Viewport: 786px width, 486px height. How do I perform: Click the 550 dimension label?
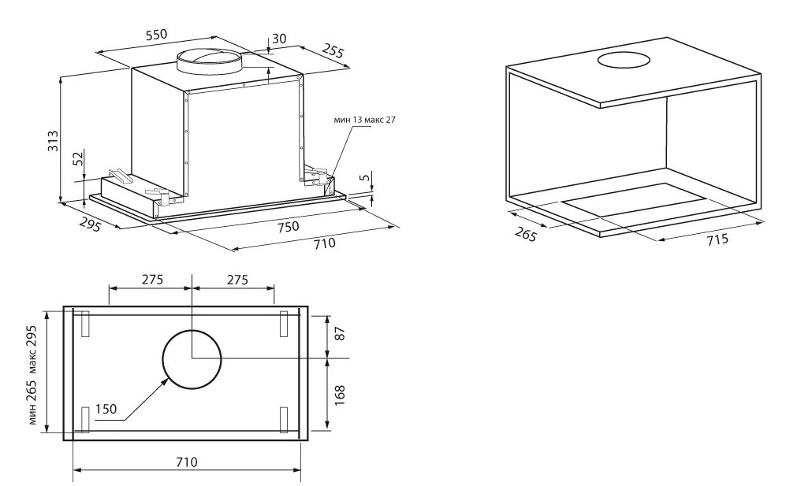(x=156, y=35)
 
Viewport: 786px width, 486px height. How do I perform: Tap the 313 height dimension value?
(x=53, y=141)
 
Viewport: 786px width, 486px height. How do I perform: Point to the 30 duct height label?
(x=279, y=39)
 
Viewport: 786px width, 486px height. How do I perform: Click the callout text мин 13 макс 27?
(x=364, y=120)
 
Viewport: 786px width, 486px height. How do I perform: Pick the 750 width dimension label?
(x=288, y=226)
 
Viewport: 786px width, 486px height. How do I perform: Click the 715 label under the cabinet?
(x=717, y=240)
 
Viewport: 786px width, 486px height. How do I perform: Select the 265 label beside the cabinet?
(x=526, y=233)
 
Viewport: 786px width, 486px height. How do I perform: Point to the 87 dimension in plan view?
(x=340, y=333)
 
